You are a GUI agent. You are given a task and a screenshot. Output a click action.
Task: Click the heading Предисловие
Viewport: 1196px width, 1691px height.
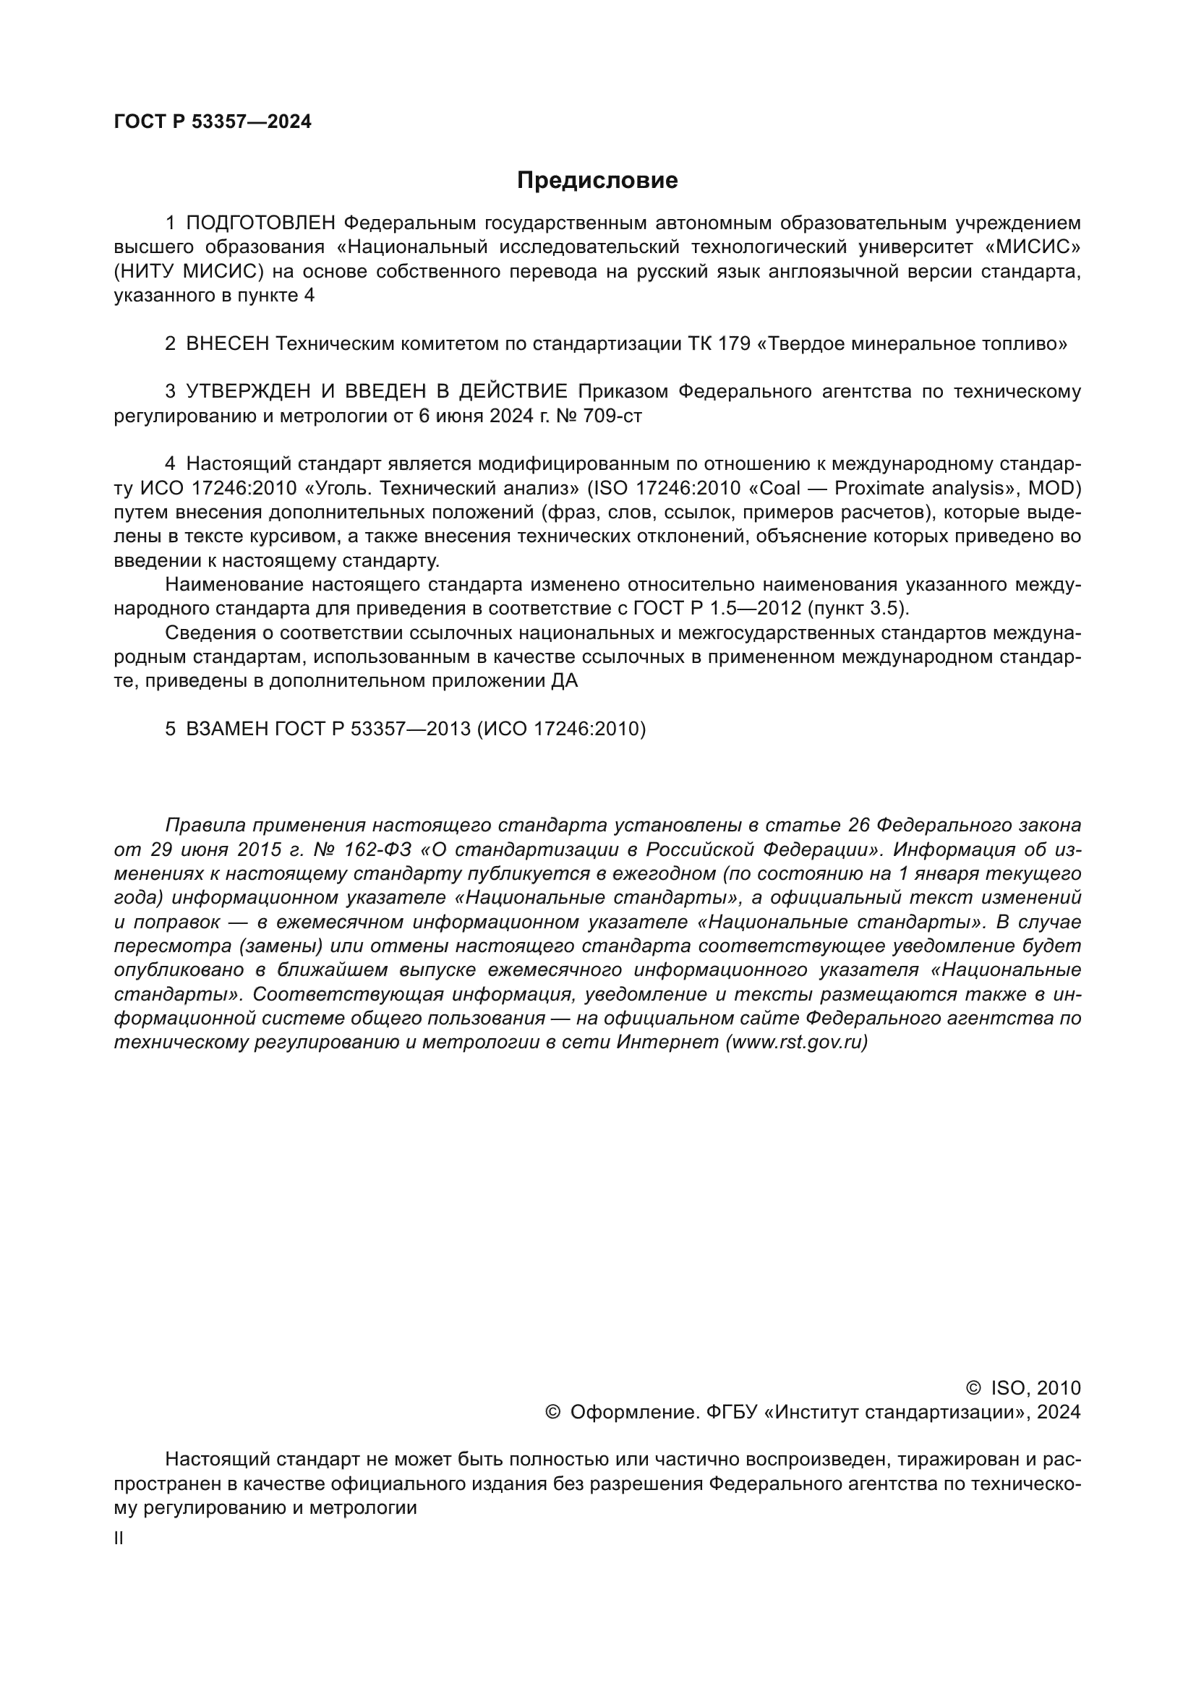tap(597, 181)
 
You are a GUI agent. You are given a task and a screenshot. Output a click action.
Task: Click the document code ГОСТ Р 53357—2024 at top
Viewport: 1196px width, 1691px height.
tap(213, 122)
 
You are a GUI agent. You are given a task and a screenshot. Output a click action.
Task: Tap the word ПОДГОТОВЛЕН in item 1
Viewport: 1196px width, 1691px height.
tap(261, 223)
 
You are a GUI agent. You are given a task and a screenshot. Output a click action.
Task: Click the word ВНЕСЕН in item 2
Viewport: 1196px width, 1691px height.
tap(228, 344)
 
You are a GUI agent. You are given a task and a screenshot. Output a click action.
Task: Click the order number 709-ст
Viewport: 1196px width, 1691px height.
tap(612, 416)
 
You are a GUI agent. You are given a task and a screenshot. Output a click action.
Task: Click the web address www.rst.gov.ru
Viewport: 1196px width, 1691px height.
tap(796, 1043)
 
